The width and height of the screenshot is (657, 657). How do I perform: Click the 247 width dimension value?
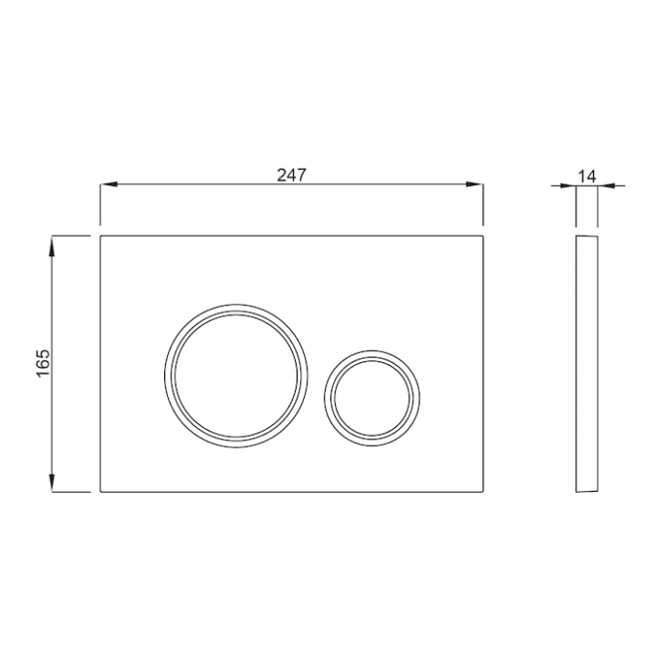(292, 175)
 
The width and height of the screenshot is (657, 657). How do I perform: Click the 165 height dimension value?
(42, 362)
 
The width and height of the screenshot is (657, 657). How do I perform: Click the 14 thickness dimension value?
(588, 176)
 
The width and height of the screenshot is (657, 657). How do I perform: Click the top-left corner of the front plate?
(99, 235)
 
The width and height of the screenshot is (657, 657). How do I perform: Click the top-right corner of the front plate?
(483, 235)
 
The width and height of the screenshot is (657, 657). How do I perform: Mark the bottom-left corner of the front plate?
(99, 492)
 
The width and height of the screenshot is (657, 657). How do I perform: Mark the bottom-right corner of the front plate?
(483, 492)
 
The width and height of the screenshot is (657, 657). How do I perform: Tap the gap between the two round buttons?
(315, 385)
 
